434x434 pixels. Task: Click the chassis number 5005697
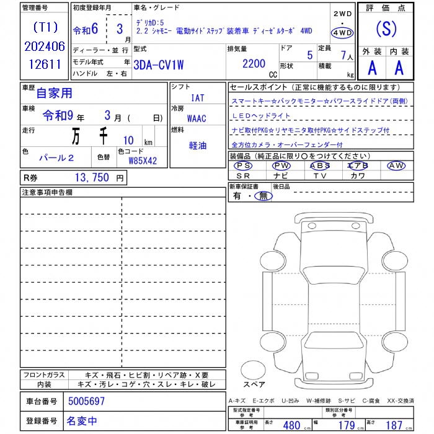point(86,401)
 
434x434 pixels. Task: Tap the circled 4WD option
point(342,33)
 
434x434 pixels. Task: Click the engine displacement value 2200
point(254,63)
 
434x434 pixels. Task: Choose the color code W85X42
point(143,161)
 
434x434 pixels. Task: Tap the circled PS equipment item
point(244,166)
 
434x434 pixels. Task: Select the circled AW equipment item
point(396,166)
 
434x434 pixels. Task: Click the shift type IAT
point(198,98)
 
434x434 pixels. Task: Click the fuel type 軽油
point(198,146)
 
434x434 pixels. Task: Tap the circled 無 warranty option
point(264,196)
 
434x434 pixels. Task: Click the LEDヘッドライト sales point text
point(261,116)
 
